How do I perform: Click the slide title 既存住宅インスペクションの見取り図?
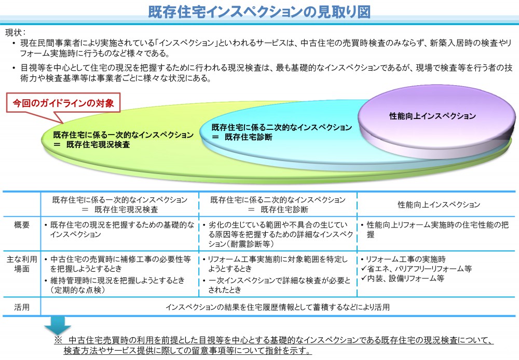click(259, 12)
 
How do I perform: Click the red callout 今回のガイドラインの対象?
click(63, 103)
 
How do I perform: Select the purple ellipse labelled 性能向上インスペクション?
click(436, 121)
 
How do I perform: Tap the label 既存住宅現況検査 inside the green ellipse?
click(98, 145)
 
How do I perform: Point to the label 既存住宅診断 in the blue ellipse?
click(248, 137)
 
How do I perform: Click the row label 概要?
click(22, 225)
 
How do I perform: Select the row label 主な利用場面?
click(22, 264)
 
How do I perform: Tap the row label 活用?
click(22, 307)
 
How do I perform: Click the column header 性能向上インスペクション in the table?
click(439, 205)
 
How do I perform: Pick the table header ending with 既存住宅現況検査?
click(120, 205)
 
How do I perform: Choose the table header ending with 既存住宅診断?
click(278, 205)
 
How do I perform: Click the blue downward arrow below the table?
click(58, 326)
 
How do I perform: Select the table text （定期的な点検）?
click(78, 290)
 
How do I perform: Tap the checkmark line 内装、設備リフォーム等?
click(403, 278)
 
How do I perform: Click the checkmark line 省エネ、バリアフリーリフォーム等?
click(416, 269)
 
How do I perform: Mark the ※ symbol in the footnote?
click(58, 340)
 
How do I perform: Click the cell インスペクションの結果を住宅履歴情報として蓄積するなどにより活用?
click(277, 307)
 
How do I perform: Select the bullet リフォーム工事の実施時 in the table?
click(403, 259)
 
